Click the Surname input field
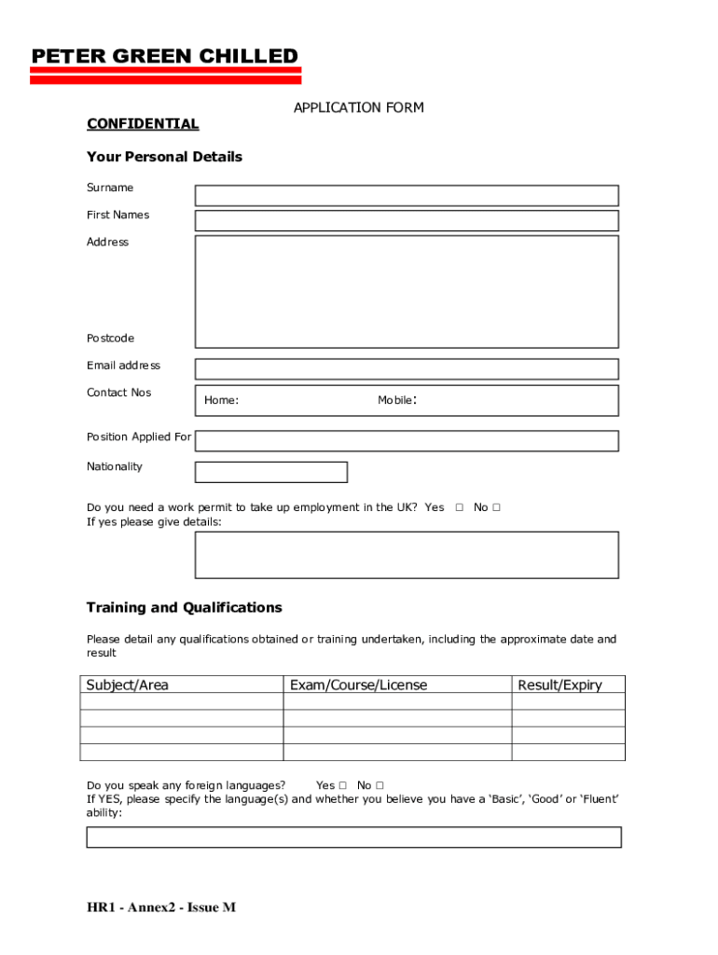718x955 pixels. point(406,195)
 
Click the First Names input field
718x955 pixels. point(406,221)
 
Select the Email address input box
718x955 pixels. point(406,369)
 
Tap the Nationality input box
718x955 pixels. point(270,472)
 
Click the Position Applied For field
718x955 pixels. point(406,441)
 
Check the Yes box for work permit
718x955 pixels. point(459,507)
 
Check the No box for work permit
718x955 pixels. point(497,507)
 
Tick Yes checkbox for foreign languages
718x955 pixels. point(342,785)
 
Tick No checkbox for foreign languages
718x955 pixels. point(380,785)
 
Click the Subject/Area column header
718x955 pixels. point(128,685)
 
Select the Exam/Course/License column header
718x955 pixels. point(358,685)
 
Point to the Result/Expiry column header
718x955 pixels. point(559,685)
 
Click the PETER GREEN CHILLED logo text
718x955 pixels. point(165,57)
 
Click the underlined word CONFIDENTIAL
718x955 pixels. point(143,124)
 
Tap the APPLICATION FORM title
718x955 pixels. point(358,107)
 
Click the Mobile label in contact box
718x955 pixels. point(395,400)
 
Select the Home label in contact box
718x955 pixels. point(221,400)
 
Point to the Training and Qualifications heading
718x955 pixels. point(184,607)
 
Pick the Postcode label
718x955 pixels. point(110,338)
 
